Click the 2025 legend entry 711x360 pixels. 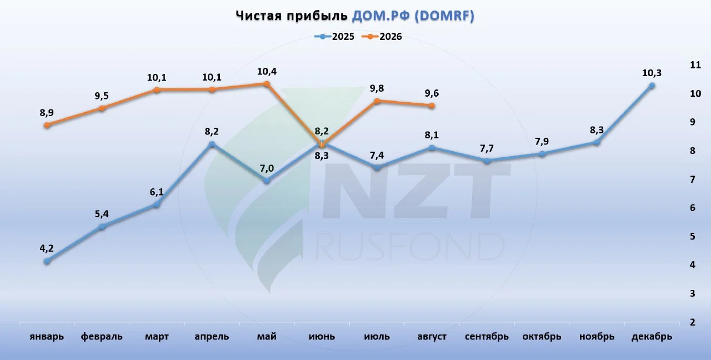(334, 37)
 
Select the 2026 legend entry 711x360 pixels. (382, 37)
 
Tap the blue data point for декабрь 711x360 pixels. (652, 86)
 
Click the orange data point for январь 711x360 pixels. (47, 125)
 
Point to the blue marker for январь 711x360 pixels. (47, 261)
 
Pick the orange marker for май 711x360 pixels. (267, 84)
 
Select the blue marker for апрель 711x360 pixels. (212, 144)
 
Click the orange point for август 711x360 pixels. (432, 106)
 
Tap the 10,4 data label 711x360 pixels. (267, 72)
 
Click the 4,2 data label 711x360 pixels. (47, 248)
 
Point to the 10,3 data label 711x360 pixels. (652, 73)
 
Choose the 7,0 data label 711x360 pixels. (267, 168)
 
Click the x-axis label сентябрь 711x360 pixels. (487, 337)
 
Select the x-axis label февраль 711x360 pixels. (102, 337)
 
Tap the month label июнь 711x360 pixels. (322, 337)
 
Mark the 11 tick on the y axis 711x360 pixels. (695, 65)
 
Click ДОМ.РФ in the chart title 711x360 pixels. (380, 16)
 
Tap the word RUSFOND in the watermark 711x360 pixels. (409, 247)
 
